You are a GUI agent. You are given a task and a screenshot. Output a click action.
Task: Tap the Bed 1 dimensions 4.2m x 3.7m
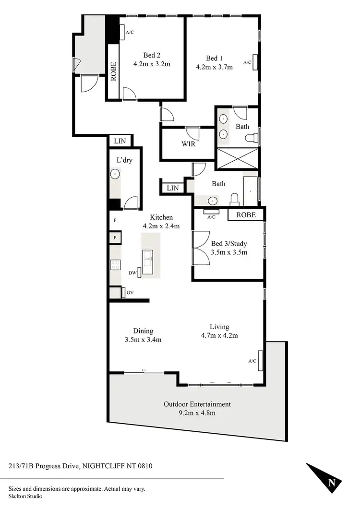tap(214, 67)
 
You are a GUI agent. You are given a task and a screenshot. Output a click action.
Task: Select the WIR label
tap(188, 144)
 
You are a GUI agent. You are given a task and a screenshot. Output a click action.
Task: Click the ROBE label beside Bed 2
tap(114, 71)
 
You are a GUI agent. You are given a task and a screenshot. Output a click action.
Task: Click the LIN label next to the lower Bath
tap(173, 188)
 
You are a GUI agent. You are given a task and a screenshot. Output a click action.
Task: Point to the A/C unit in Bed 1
tap(256, 62)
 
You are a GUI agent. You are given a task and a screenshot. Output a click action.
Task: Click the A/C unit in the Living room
tap(261, 360)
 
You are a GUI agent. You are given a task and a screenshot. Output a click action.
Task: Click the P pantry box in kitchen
tap(116, 237)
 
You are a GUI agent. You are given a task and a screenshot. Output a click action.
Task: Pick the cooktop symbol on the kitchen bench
tap(115, 264)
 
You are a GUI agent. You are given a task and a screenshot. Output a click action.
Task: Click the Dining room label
tap(143, 331)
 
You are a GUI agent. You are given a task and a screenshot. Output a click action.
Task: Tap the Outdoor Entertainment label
tap(197, 404)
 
